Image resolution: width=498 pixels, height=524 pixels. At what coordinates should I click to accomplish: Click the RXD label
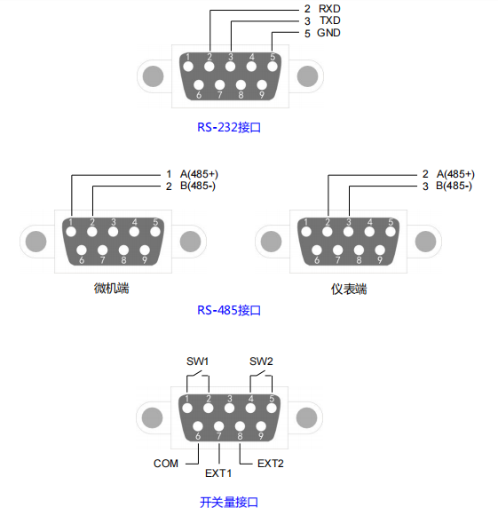coord(329,9)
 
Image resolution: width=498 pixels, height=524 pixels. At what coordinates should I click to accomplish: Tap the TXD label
coord(330,20)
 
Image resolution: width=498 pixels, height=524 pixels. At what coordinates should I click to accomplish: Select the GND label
coord(328,33)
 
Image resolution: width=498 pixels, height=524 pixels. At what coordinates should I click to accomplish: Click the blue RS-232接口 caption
coord(229,127)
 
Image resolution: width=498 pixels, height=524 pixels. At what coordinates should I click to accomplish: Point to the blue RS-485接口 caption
coord(229,310)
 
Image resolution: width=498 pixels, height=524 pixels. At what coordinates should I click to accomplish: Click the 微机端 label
coord(112,288)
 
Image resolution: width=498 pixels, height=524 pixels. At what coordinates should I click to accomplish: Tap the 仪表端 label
coord(349,289)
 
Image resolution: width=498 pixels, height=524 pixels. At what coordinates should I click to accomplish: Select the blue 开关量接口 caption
coord(229,503)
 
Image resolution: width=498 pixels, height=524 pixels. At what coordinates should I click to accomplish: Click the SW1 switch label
coord(197,361)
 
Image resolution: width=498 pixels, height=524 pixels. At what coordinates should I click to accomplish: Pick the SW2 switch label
coord(261,361)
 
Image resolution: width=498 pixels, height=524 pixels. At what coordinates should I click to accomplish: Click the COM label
coord(166,464)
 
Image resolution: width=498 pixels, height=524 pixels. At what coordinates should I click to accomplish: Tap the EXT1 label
coord(218,473)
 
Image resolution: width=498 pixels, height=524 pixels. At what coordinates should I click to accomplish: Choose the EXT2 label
coord(271,464)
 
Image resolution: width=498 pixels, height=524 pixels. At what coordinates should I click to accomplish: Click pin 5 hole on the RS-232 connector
coord(273,67)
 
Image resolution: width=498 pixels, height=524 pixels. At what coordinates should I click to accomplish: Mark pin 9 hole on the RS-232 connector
coord(262,85)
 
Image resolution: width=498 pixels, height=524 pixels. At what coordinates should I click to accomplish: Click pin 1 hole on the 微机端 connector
coord(71,232)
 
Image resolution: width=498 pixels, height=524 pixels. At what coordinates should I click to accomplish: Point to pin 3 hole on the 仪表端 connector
coord(348,232)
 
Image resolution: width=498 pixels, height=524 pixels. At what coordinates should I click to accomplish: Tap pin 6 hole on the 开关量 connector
coord(198,426)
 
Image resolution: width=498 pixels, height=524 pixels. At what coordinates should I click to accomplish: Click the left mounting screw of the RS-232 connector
coord(154,76)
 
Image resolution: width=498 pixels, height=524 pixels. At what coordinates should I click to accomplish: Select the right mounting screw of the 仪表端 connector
coord(425,242)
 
